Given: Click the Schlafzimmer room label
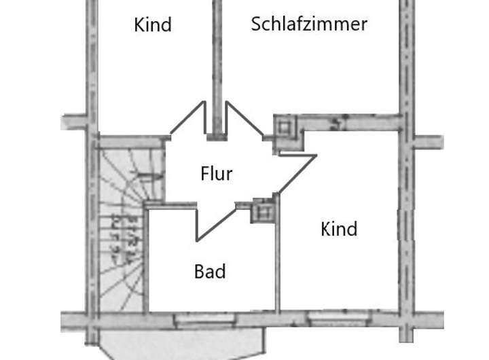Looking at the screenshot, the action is [309, 24].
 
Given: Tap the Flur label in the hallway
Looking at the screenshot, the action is [217, 174].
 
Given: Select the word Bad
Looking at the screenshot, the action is [210, 272].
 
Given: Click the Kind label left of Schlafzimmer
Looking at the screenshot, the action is [153, 25].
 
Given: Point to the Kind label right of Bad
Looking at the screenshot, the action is [339, 229].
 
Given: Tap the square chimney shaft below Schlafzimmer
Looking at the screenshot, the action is [284, 127].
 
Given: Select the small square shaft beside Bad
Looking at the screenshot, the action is [262, 212].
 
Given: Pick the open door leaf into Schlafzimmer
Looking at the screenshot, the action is [245, 120].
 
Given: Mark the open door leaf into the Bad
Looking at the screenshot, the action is [216, 225].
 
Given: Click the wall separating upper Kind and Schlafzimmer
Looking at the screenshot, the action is [217, 68].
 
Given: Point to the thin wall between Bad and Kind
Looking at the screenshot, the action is [277, 258].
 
